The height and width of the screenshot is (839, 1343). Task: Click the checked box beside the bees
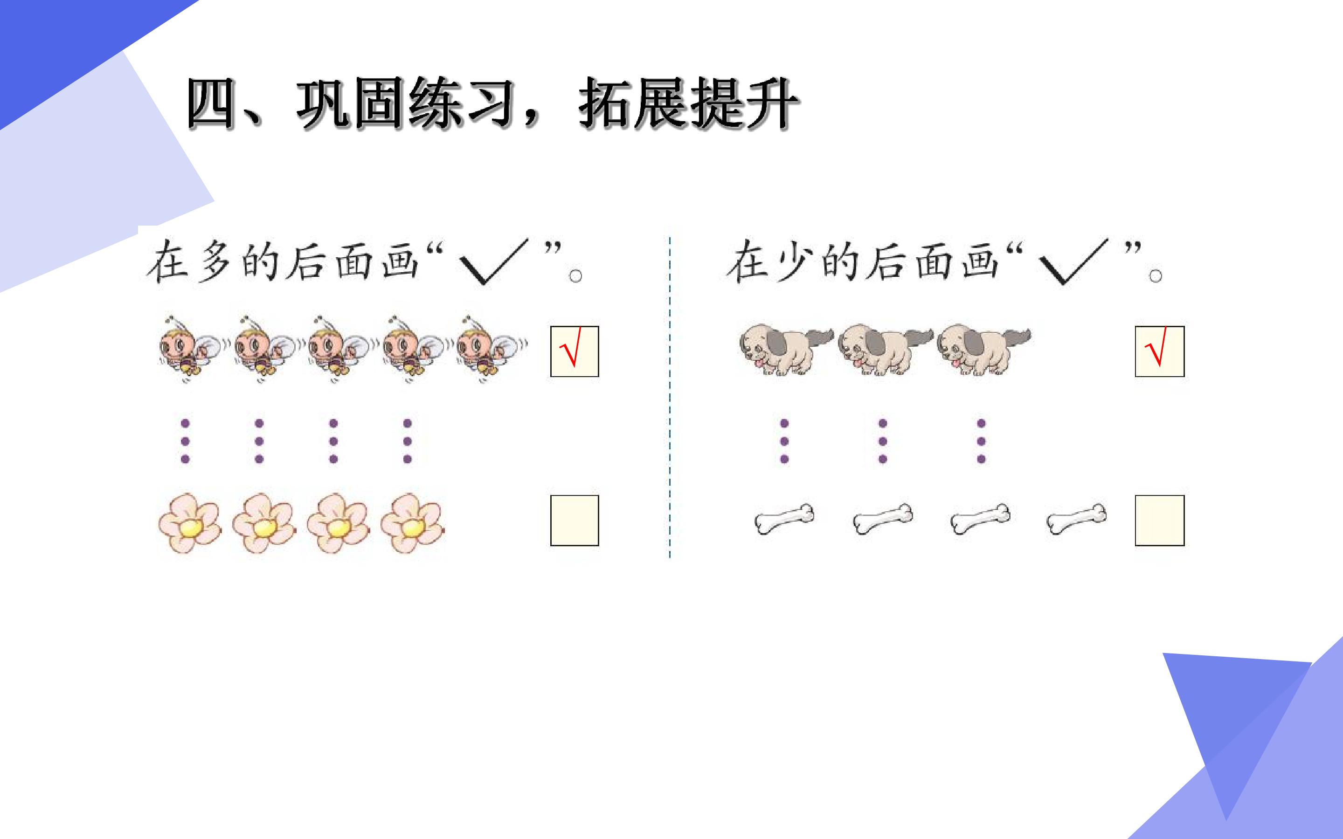(575, 351)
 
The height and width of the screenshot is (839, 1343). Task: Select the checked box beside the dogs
(1160, 351)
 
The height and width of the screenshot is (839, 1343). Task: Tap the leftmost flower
(189, 523)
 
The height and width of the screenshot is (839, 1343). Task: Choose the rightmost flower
(412, 523)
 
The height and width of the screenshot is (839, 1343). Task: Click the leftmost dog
(785, 349)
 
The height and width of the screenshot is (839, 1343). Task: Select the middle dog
(884, 349)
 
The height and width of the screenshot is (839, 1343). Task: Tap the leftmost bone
(784, 519)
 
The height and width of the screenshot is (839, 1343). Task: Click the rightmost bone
(1076, 519)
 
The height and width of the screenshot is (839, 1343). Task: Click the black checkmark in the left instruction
(493, 262)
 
